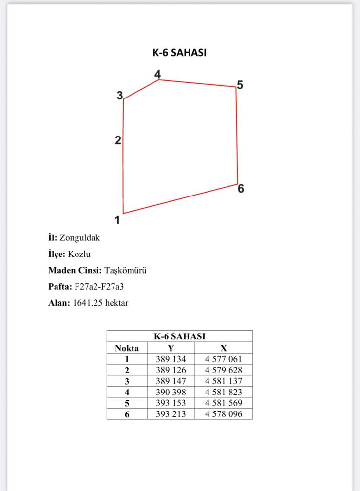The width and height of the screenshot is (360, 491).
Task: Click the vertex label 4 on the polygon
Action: coord(157,74)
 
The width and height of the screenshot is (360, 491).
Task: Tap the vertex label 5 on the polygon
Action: coord(240,85)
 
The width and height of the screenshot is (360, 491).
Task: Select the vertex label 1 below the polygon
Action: coord(117,220)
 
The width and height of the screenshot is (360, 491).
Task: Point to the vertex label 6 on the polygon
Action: coord(241,189)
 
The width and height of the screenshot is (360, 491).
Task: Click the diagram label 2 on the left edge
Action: coord(118,141)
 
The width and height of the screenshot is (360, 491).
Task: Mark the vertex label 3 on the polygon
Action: coord(120,95)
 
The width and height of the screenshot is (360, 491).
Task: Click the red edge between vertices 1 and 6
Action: coord(180,199)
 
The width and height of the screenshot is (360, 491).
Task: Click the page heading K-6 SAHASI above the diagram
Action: coord(179,53)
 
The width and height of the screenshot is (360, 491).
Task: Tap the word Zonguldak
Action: coord(79,238)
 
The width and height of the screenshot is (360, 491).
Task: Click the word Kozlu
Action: coord(79,254)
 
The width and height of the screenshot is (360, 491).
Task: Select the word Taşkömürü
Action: coord(125,270)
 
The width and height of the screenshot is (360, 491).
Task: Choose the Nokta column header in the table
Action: coord(127,348)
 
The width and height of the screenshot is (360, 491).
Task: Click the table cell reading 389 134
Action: coord(171,359)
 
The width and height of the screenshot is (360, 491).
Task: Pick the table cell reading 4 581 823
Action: coord(224,392)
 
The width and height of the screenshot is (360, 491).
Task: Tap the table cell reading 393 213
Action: coord(171,414)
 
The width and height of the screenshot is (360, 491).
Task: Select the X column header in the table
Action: coord(224,348)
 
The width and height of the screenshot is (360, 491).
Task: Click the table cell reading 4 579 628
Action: coord(224,370)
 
